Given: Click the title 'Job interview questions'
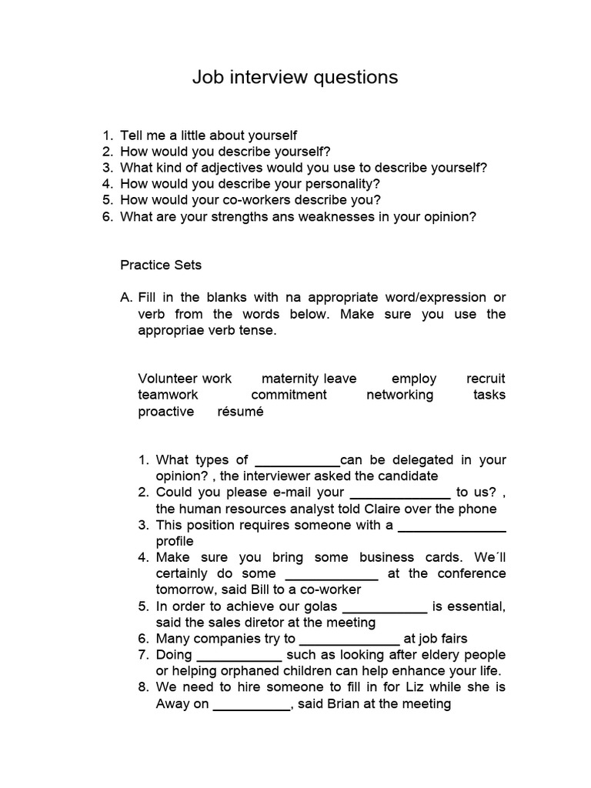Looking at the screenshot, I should coord(295,77).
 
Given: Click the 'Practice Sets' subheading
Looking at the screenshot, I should coord(161,265).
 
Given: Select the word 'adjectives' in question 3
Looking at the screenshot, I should coord(222,168).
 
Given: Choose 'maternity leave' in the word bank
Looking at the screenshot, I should coord(309,379).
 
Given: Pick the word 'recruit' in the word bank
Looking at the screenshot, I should coord(486,379).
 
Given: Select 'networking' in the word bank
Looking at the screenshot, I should coord(399,395).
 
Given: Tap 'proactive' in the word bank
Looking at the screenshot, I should coord(166,411).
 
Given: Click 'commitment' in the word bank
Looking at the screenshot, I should coord(289,395).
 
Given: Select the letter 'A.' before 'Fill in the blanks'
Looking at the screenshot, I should coord(127,298).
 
